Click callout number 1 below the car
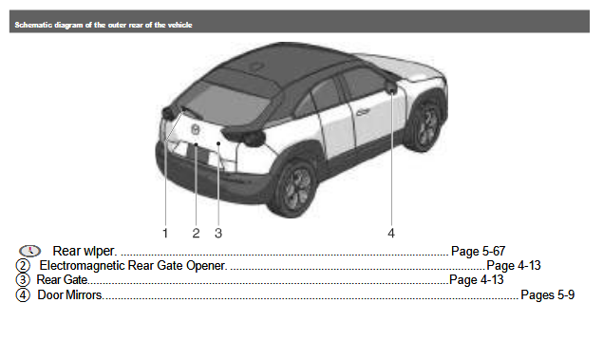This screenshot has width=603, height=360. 164,232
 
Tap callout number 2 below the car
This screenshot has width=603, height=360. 196,232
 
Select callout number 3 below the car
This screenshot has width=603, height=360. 218,232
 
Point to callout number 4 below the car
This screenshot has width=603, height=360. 390,232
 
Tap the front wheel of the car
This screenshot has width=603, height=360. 428,128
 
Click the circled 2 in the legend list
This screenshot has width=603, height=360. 23,266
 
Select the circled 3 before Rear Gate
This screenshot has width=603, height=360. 23,280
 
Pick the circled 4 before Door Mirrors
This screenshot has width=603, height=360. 23,295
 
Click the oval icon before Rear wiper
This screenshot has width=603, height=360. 29,251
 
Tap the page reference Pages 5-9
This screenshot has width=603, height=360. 548,295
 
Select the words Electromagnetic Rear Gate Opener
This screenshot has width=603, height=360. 132,266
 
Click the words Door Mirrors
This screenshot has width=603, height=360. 69,295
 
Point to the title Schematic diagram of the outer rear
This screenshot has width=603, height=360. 104,25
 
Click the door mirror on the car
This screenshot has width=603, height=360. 390,87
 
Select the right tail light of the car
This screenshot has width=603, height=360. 250,138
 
